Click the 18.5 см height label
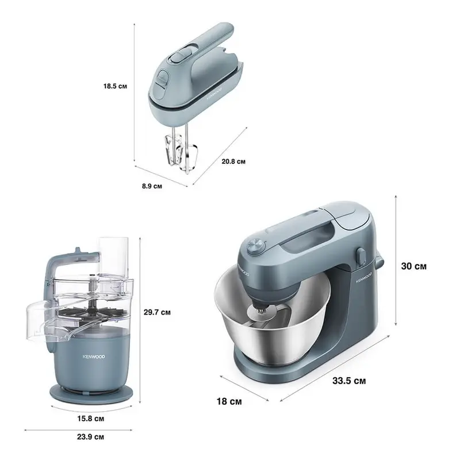click(x=115, y=86)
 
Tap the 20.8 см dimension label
click(x=233, y=162)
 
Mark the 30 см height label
click(x=413, y=266)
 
